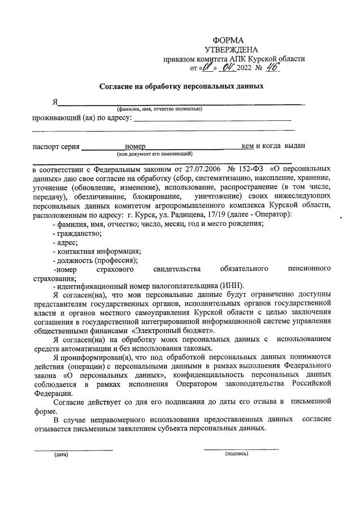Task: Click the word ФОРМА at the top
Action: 228,40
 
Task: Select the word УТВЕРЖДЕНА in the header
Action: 230,50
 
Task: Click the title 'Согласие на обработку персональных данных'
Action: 181,87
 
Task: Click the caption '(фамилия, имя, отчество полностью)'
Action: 160,108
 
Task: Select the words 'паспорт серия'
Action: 55,146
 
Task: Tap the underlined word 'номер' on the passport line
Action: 136,146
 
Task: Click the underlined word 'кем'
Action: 247,146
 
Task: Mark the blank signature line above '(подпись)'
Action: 241,448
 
